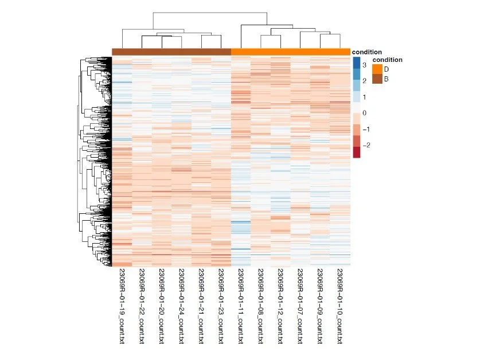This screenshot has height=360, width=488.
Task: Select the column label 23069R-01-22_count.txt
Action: (141, 306)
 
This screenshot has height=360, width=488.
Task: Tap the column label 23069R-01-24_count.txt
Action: (181, 306)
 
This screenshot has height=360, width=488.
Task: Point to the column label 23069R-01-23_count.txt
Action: (221, 306)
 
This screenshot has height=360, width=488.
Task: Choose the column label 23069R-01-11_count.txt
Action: (241, 306)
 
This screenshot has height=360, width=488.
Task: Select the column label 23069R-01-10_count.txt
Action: (340, 306)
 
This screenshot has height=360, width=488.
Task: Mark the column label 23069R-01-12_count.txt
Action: (280, 306)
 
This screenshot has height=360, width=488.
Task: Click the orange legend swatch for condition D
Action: (377, 69)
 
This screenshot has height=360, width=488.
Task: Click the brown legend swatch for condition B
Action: (377, 79)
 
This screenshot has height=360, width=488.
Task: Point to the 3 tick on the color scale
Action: (364, 65)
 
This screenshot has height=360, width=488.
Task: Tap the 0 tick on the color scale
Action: (364, 113)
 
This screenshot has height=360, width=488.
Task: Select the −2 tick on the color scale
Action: (365, 145)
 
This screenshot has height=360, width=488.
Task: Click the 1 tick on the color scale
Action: (364, 97)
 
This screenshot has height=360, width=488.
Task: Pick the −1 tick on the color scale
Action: (365, 129)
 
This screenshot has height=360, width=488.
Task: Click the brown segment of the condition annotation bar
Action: (171, 52)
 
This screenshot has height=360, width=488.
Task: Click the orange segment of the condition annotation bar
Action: (291, 52)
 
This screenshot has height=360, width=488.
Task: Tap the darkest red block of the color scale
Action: (357, 152)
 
